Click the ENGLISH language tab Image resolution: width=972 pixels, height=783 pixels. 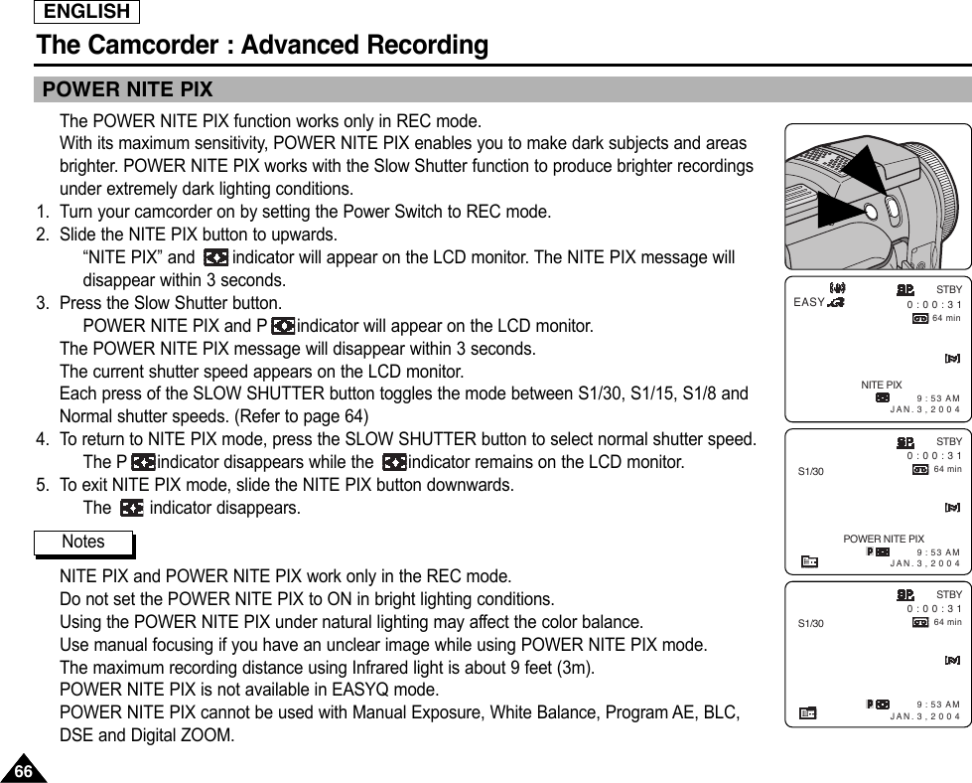point(86,12)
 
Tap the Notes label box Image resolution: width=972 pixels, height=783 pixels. point(83,543)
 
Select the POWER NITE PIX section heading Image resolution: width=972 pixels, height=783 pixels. point(127,90)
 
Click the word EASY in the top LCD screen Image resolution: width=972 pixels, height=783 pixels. point(810,302)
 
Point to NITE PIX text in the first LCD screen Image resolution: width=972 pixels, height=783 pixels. point(881,385)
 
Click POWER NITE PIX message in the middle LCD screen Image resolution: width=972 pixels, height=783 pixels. point(883,539)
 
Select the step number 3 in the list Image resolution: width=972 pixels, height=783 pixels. point(42,303)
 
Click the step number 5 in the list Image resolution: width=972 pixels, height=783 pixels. point(42,486)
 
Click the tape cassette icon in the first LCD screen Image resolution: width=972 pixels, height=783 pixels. point(920,318)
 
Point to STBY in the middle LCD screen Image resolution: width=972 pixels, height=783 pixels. point(949,440)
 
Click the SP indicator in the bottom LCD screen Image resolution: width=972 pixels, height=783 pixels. point(904,594)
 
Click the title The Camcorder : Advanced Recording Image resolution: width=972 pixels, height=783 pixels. point(262,46)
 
